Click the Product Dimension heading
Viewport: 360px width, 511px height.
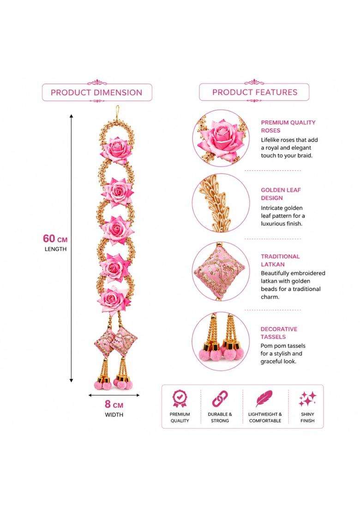tap(96, 92)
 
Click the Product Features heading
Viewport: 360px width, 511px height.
tap(255, 92)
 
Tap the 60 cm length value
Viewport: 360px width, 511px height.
tap(55, 238)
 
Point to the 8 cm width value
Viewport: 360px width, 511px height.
tap(114, 404)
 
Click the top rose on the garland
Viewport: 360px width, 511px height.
tap(116, 150)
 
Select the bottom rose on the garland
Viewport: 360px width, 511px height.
tap(114, 299)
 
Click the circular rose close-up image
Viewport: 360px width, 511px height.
tap(221, 138)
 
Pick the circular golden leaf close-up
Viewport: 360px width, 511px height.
tap(221, 203)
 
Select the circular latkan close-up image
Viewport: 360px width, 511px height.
tap(221, 272)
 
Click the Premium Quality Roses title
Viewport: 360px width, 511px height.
tap(288, 126)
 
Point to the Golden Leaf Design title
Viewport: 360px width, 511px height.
tap(281, 194)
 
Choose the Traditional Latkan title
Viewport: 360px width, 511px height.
tap(280, 261)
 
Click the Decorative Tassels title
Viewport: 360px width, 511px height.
tap(279, 333)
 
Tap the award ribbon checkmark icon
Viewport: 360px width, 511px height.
tap(180, 398)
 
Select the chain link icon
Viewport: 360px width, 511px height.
tap(220, 398)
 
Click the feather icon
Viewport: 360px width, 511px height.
tap(264, 398)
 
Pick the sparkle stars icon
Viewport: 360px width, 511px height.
tap(307, 399)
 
